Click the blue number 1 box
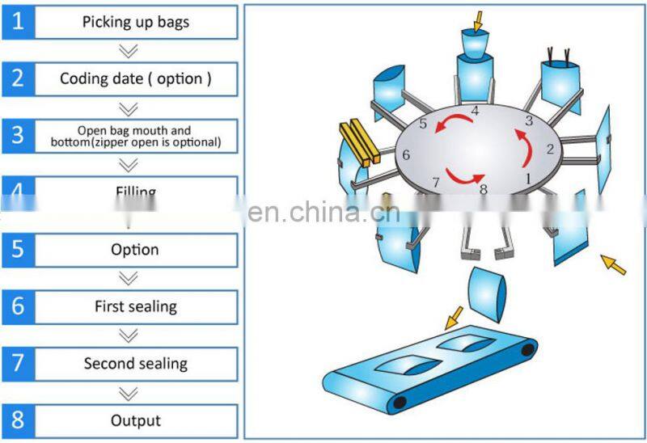[x=19, y=22]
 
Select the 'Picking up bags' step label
[x=135, y=22]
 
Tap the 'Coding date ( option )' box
[x=135, y=78]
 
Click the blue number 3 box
[x=19, y=135]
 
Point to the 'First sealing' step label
[x=135, y=306]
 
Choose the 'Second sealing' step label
[x=135, y=363]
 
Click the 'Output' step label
[x=135, y=420]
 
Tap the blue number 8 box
[x=19, y=420]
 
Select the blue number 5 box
[x=19, y=250]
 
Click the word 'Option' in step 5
[x=135, y=250]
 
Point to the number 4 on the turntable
[x=475, y=111]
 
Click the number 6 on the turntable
[x=406, y=154]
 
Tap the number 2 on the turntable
[x=550, y=149]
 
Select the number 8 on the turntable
[x=484, y=191]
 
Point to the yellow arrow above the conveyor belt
[x=454, y=316]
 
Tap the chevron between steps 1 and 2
[x=127, y=50]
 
